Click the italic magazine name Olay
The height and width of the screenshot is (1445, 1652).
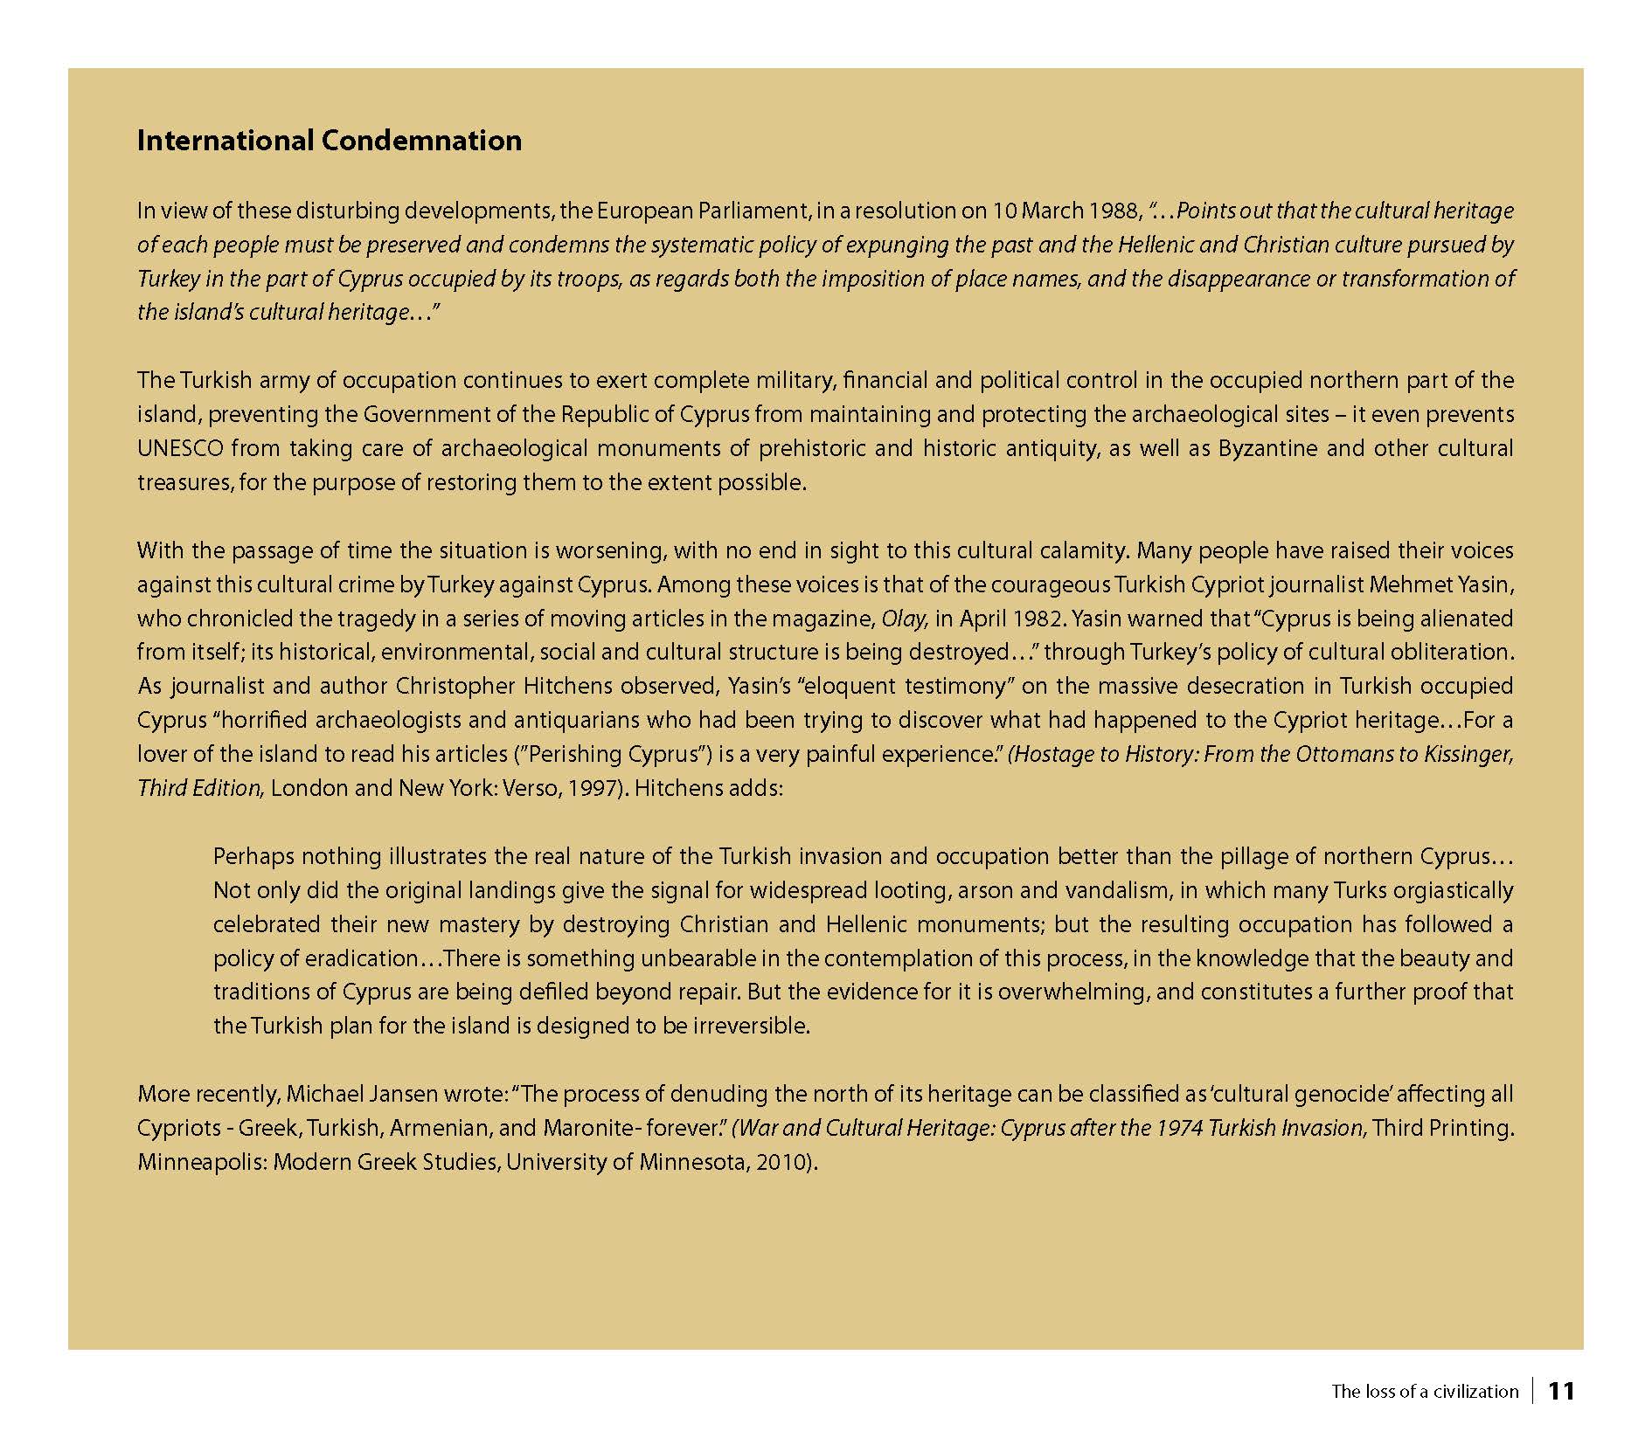point(903,619)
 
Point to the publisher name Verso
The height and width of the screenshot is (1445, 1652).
point(529,789)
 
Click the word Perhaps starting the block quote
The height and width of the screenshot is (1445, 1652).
point(253,857)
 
